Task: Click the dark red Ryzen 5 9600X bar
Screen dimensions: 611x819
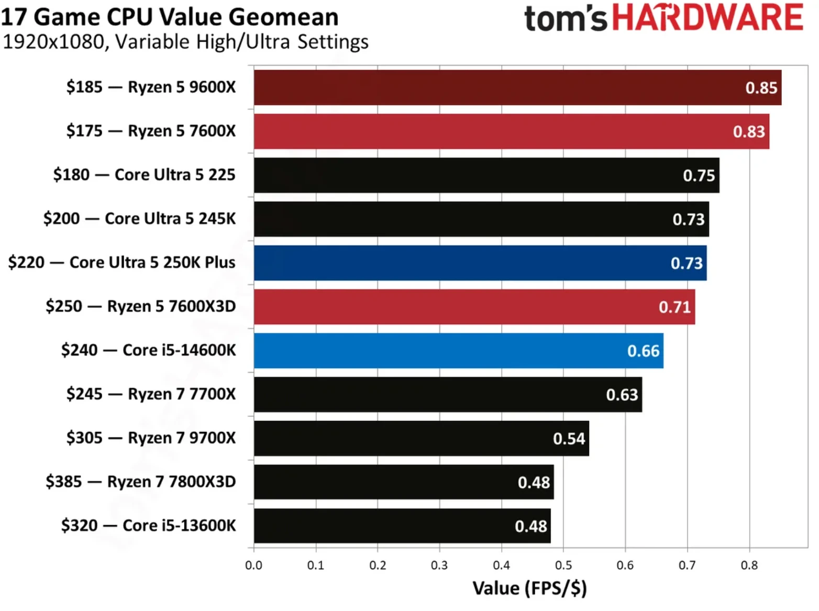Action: (x=517, y=87)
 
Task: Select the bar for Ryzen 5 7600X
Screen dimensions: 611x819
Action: (x=511, y=131)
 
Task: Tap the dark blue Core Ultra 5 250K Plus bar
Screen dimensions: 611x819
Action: (x=480, y=263)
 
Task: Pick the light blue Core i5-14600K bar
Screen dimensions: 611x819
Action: (x=458, y=351)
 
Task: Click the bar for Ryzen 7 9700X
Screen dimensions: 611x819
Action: (x=421, y=438)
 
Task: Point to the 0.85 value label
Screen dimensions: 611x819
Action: (x=761, y=88)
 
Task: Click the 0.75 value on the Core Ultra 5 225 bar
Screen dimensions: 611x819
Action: (x=699, y=175)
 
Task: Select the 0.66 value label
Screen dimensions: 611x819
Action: (x=643, y=351)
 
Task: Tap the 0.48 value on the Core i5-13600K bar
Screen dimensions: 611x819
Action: (x=530, y=526)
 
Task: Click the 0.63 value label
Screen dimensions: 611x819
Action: (x=622, y=395)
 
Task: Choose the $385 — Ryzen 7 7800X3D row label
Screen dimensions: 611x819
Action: (x=140, y=482)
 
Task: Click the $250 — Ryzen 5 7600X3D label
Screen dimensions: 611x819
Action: (x=140, y=306)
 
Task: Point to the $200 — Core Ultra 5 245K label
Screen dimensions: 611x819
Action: (x=139, y=218)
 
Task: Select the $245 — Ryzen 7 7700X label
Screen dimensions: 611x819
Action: (x=151, y=394)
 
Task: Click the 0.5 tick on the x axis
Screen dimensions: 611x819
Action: (x=563, y=565)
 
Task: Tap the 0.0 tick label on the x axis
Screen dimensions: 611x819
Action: (x=253, y=565)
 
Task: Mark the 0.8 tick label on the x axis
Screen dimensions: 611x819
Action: (x=749, y=565)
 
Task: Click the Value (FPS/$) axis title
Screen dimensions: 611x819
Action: (x=529, y=588)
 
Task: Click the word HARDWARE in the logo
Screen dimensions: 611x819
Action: (x=707, y=18)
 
